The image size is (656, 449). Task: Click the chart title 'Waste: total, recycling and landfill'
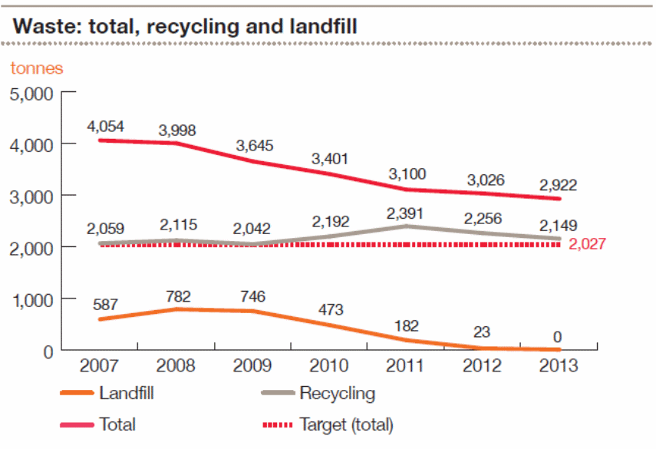point(186,25)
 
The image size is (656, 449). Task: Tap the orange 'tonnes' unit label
point(37,68)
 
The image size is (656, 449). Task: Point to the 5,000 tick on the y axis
point(31,94)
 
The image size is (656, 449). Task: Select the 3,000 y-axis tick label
point(31,196)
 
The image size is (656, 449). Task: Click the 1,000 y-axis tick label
point(31,299)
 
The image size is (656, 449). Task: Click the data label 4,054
point(105,126)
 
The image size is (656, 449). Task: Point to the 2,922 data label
point(558,184)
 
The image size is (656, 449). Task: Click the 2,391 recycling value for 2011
point(405,213)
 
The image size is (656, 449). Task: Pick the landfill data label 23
point(481,332)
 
